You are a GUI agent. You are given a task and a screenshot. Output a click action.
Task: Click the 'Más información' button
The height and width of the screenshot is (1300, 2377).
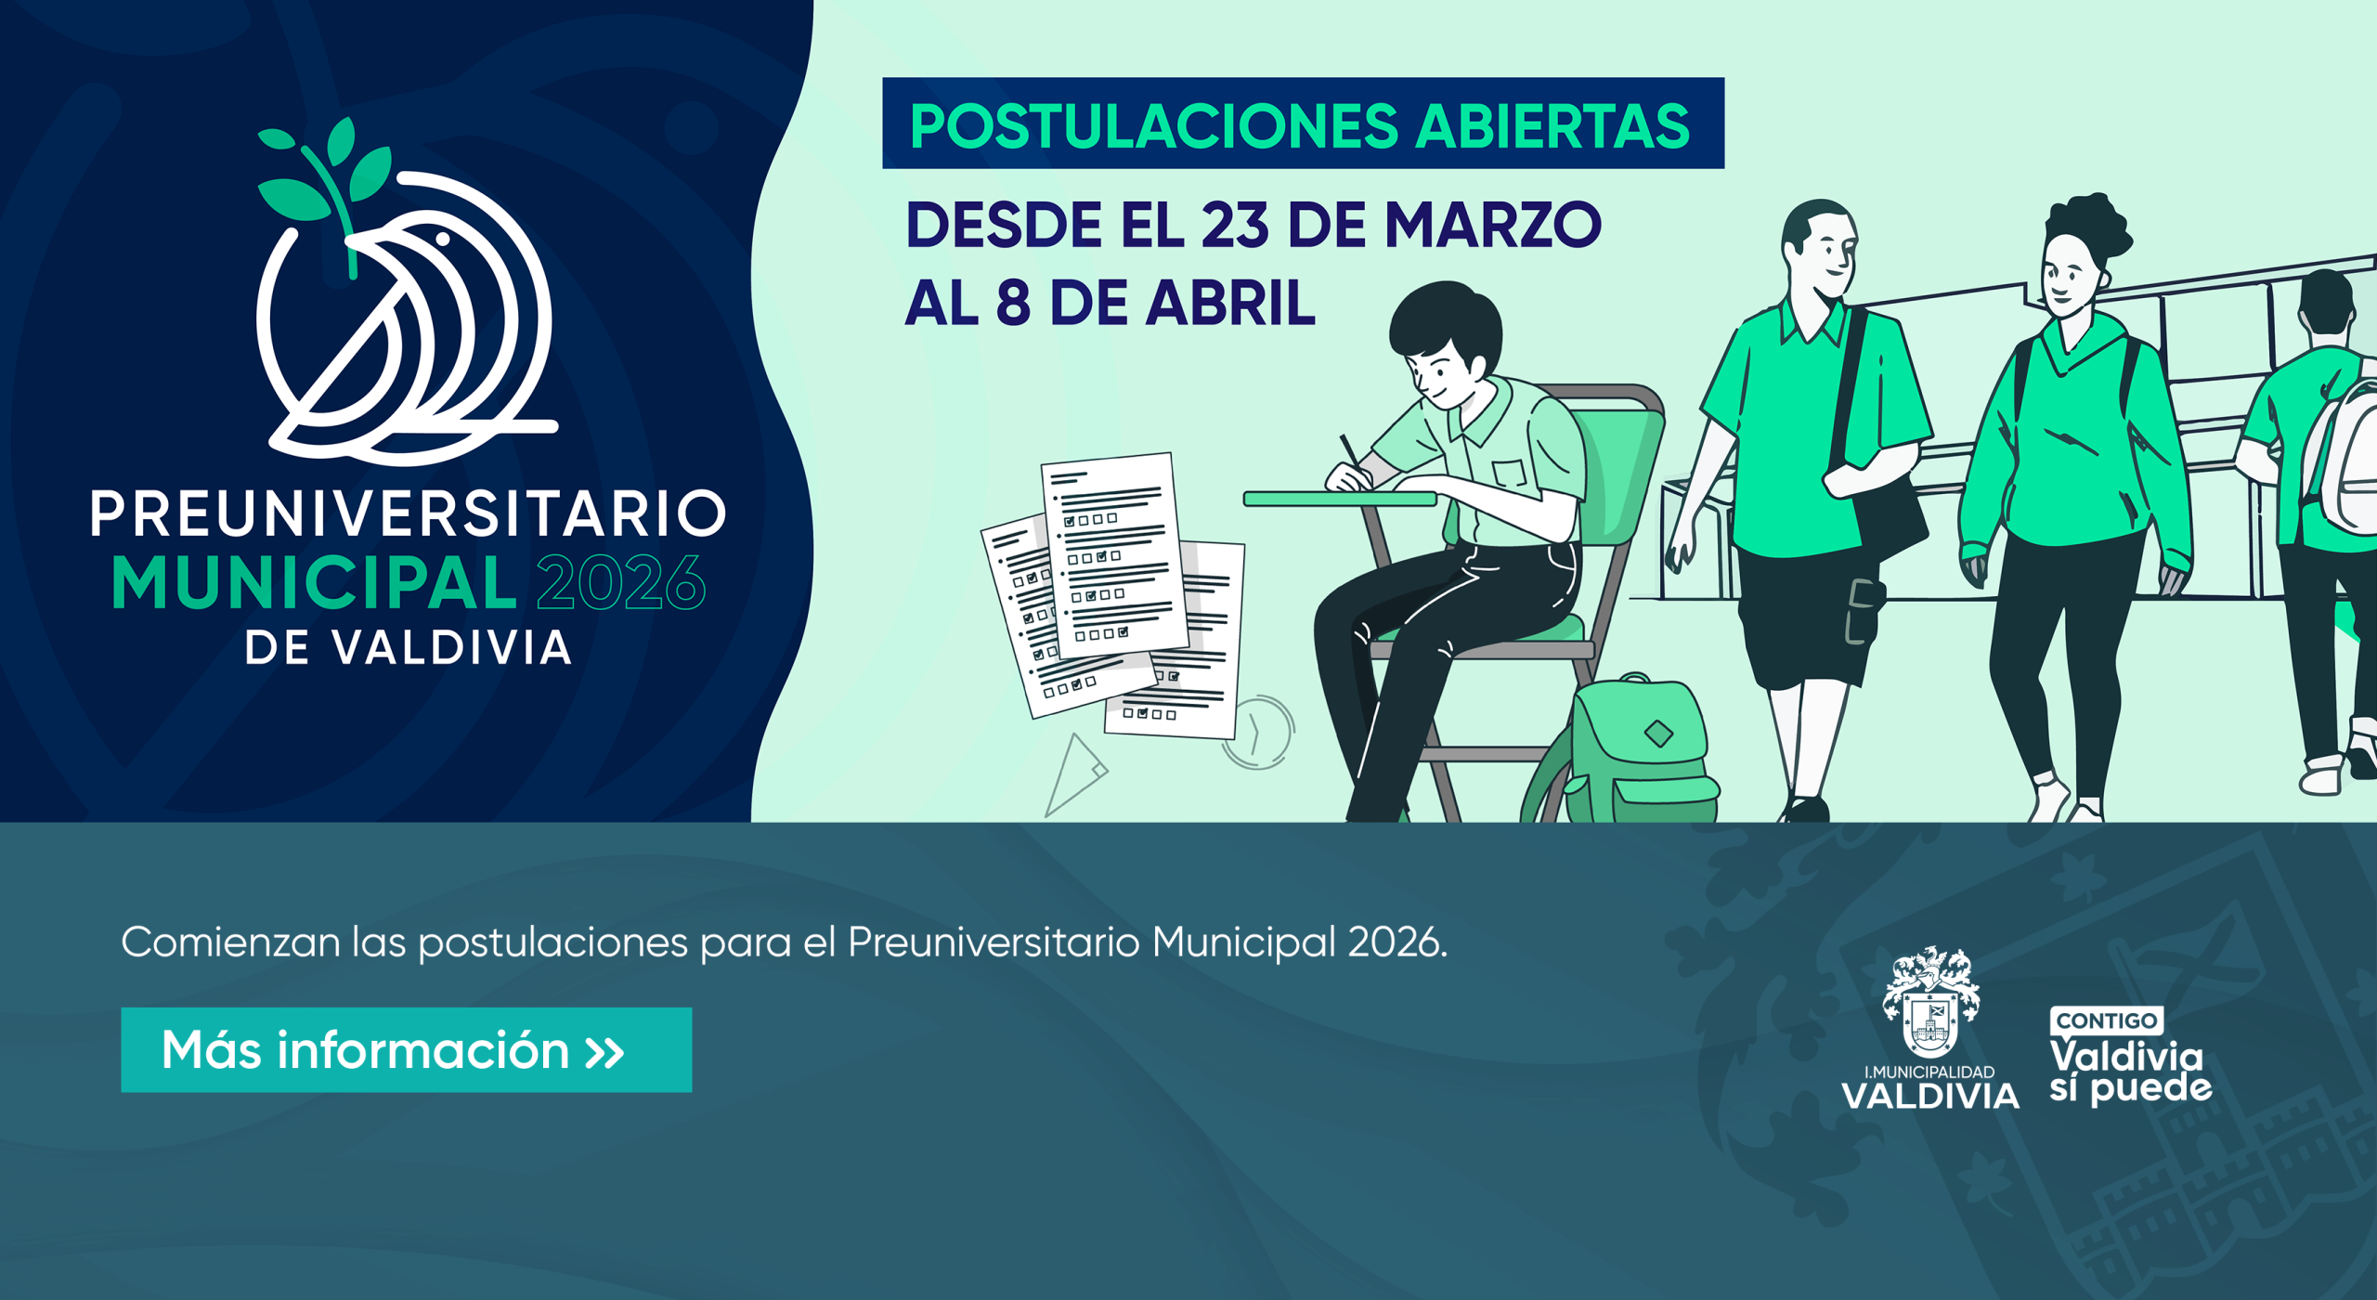[406, 1049]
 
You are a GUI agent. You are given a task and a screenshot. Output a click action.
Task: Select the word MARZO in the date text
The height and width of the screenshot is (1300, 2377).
[1493, 225]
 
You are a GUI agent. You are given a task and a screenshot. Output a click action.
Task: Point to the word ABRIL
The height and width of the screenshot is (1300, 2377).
[1230, 303]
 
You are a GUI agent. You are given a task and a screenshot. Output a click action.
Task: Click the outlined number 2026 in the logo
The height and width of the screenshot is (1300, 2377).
[620, 582]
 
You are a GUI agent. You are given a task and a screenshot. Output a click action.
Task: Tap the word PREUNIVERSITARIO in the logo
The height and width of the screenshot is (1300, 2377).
[408, 513]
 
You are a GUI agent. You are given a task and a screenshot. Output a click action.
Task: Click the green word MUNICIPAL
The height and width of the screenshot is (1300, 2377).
[314, 583]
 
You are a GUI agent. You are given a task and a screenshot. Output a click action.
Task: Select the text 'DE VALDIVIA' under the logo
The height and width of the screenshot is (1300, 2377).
[408, 648]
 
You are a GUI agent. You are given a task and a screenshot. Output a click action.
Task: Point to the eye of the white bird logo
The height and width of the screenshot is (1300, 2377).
[443, 239]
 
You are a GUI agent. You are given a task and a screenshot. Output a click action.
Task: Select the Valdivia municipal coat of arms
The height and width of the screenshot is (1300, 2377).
[1930, 1002]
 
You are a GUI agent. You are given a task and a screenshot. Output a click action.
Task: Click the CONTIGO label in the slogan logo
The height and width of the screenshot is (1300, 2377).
[2107, 1020]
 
